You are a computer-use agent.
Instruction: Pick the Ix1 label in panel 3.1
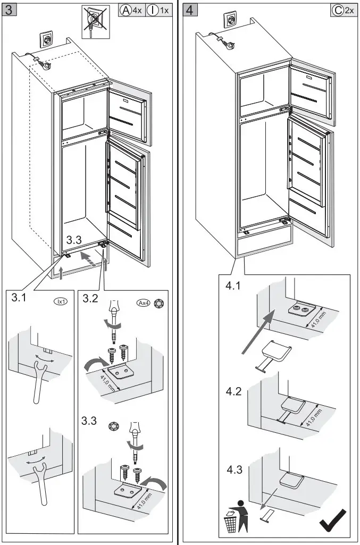click(60, 301)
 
